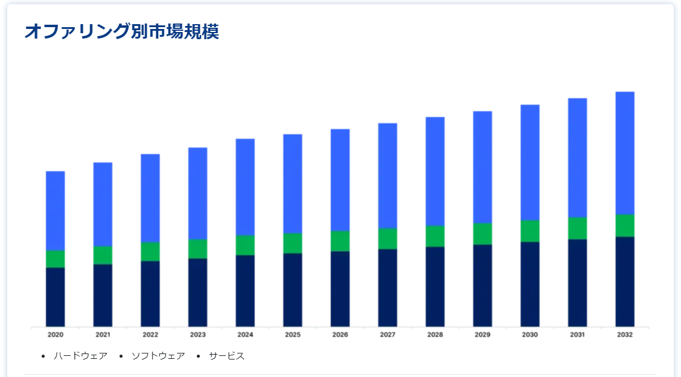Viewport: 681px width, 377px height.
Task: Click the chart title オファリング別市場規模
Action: [121, 31]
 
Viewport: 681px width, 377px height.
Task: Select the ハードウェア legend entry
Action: [80, 356]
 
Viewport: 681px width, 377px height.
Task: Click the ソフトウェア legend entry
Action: [158, 356]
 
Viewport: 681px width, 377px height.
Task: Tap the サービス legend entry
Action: [227, 356]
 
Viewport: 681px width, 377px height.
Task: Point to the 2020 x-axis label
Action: [55, 334]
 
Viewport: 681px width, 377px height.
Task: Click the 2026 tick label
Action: [340, 334]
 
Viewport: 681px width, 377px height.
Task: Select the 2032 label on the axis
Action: [625, 334]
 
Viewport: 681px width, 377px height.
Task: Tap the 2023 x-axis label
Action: [197, 334]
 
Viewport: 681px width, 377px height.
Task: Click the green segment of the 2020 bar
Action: [55, 259]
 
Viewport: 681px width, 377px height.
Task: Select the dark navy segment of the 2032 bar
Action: [625, 281]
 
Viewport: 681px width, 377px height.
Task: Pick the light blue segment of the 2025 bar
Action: [293, 183]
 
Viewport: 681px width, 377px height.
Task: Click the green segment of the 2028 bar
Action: [435, 236]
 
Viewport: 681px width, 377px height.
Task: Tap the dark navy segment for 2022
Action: [150, 293]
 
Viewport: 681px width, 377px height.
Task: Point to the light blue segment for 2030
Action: [530, 162]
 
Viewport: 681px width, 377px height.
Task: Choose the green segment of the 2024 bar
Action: [245, 245]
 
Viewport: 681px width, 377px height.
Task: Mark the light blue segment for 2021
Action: [103, 204]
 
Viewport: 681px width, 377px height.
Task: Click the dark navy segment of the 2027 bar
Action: [388, 288]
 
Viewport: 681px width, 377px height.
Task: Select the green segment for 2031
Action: [578, 228]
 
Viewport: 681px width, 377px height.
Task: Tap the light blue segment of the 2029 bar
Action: [482, 167]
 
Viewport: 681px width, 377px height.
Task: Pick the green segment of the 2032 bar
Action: [625, 226]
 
